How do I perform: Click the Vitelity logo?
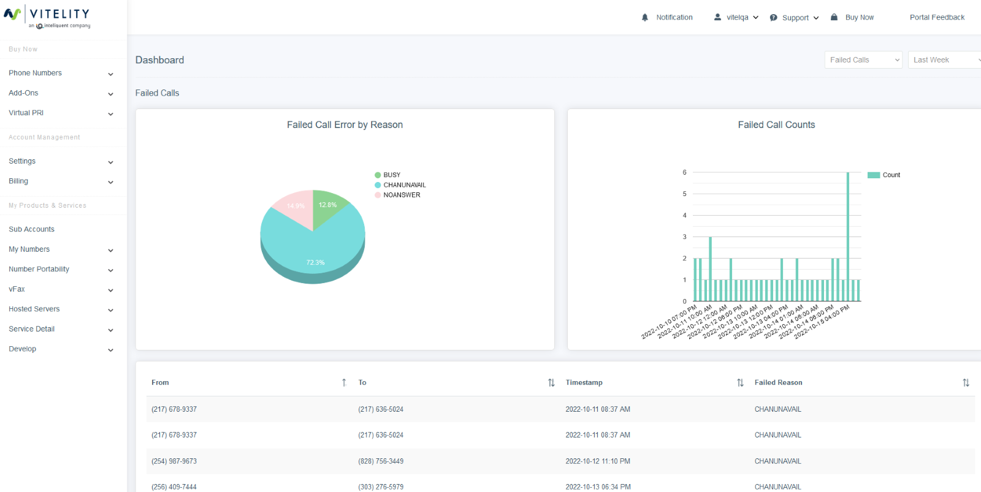point(47,17)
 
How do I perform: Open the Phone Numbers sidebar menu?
point(36,73)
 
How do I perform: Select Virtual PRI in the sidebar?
point(26,113)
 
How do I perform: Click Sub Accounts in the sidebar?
point(32,229)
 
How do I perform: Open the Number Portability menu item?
point(39,269)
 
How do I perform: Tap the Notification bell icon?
point(645,18)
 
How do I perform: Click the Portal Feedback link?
point(937,17)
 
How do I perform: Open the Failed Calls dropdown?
point(863,60)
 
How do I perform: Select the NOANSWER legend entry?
point(402,195)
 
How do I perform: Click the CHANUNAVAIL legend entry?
point(404,185)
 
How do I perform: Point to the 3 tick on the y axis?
point(685,237)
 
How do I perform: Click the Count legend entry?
point(891,175)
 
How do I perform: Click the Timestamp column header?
point(584,382)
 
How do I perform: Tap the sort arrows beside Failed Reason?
point(966,382)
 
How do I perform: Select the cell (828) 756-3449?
point(381,461)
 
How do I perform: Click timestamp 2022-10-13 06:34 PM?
point(598,487)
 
